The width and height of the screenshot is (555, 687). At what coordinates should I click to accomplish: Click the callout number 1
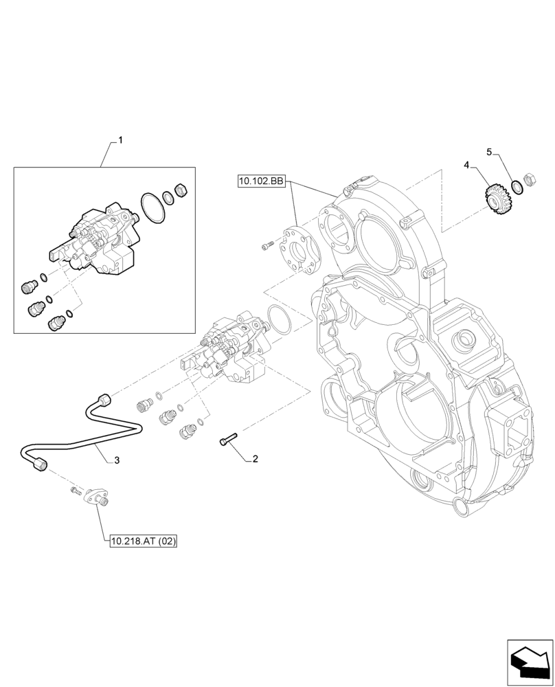(x=120, y=140)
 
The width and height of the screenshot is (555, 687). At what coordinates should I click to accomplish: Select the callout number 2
(x=255, y=458)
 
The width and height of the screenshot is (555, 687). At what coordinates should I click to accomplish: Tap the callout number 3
(x=117, y=460)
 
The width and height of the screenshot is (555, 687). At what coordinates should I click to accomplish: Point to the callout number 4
(x=466, y=165)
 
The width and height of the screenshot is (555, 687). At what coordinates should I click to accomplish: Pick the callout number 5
(x=489, y=151)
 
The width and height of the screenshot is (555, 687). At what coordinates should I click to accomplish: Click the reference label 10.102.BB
(x=261, y=181)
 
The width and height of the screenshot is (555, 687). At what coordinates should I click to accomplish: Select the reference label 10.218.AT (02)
(x=144, y=541)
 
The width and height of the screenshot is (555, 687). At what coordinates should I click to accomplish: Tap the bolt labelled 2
(x=228, y=438)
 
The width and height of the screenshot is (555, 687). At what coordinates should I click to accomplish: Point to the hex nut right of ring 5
(x=530, y=179)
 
